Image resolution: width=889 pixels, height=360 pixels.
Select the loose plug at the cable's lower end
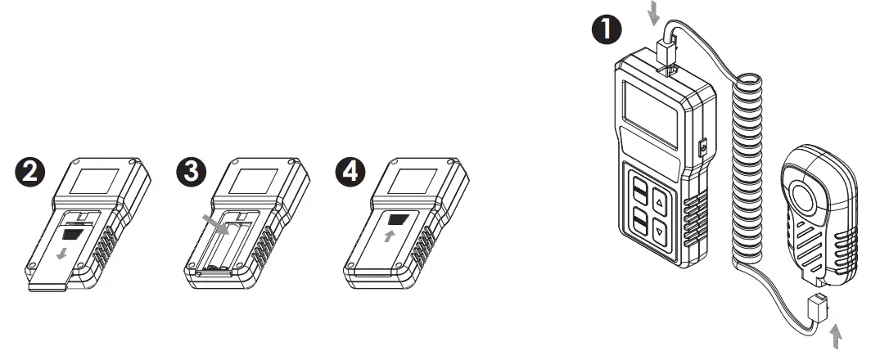tap(816, 309)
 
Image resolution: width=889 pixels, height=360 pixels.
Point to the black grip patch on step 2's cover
tap(73, 232)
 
